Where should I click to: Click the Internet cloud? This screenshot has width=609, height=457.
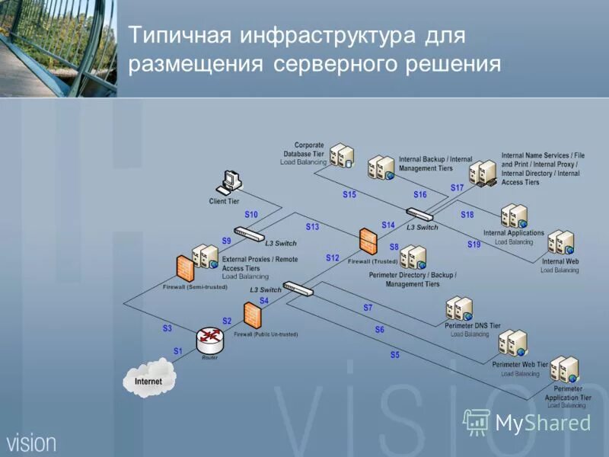149,379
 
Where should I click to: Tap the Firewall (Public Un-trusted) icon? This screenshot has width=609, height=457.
253,314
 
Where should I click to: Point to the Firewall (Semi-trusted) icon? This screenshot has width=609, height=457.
183,267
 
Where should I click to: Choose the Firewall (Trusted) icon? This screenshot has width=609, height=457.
368,241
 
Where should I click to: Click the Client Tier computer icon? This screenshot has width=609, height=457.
230,182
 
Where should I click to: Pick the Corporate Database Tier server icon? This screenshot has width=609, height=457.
342,155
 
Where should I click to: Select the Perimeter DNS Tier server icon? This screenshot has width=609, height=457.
460,308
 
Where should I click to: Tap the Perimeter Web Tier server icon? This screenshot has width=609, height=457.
512,343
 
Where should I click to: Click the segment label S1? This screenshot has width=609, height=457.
178,351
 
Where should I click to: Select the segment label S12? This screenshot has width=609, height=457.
333,258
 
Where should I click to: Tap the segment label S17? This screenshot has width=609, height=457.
457,187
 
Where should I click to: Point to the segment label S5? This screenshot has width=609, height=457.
394,355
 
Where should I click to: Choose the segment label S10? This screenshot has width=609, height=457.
251,215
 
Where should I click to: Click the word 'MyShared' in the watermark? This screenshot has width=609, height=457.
543,423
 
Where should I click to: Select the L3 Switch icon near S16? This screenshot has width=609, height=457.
419,214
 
